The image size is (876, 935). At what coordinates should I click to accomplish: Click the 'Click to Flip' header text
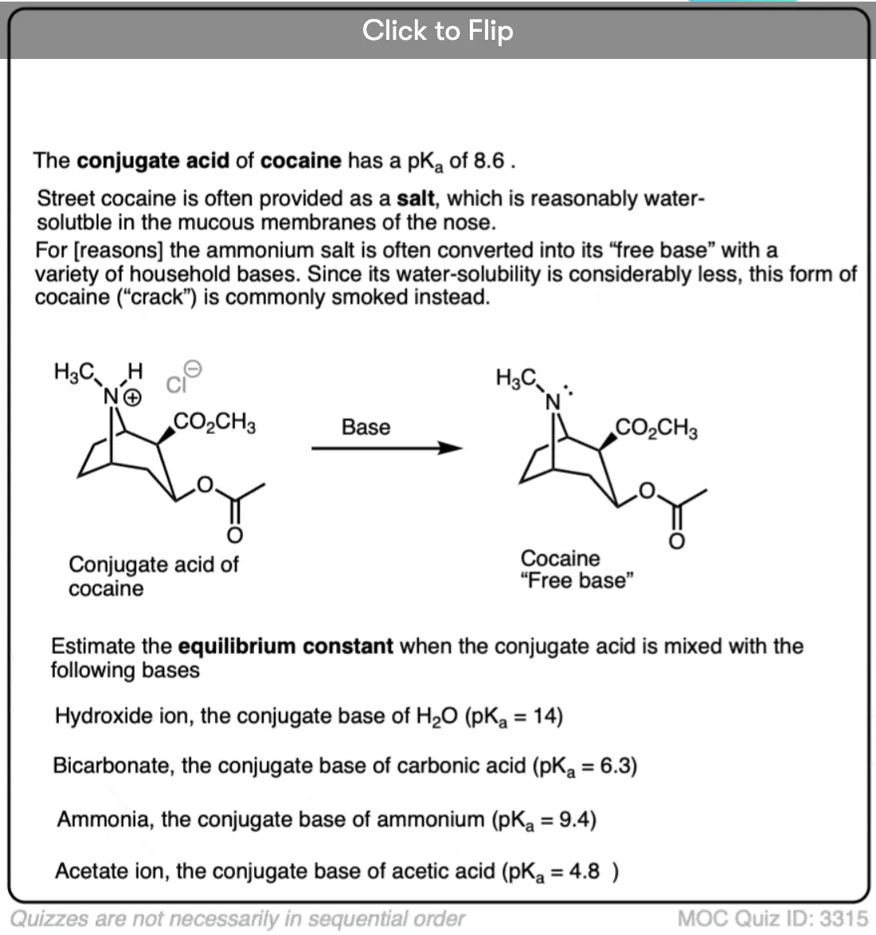click(x=438, y=30)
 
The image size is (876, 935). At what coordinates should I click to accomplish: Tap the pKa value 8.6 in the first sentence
click(x=488, y=160)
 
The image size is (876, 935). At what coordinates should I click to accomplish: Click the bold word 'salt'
click(x=416, y=198)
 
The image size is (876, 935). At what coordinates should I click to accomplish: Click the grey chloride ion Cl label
click(x=176, y=385)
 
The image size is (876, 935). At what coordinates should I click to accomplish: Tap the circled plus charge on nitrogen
click(x=133, y=397)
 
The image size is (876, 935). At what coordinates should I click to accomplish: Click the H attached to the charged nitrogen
click(x=135, y=371)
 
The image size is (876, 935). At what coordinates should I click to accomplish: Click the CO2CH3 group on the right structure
click(x=656, y=428)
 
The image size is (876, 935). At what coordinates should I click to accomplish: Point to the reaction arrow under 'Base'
click(x=387, y=448)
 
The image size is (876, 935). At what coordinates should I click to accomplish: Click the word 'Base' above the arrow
click(x=366, y=427)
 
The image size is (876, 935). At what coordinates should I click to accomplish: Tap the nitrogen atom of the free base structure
click(x=553, y=403)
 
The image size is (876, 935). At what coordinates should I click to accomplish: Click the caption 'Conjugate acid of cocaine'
click(x=153, y=576)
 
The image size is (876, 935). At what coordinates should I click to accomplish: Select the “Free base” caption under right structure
click(x=577, y=581)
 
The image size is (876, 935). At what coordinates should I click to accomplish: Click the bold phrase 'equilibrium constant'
click(x=286, y=646)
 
